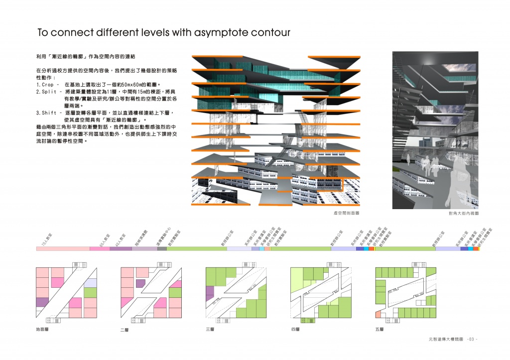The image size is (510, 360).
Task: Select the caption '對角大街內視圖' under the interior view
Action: [464, 213]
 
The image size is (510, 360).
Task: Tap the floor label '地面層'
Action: [42, 329]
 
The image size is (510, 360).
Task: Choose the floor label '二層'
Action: [125, 329]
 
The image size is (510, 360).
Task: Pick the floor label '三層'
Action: [210, 329]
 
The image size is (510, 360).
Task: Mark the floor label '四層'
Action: [294, 329]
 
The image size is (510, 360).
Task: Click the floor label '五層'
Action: [379, 329]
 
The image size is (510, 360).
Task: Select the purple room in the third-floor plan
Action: [210, 292]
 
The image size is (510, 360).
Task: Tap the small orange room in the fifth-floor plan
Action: [378, 315]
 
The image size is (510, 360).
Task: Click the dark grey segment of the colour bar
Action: [162, 248]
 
